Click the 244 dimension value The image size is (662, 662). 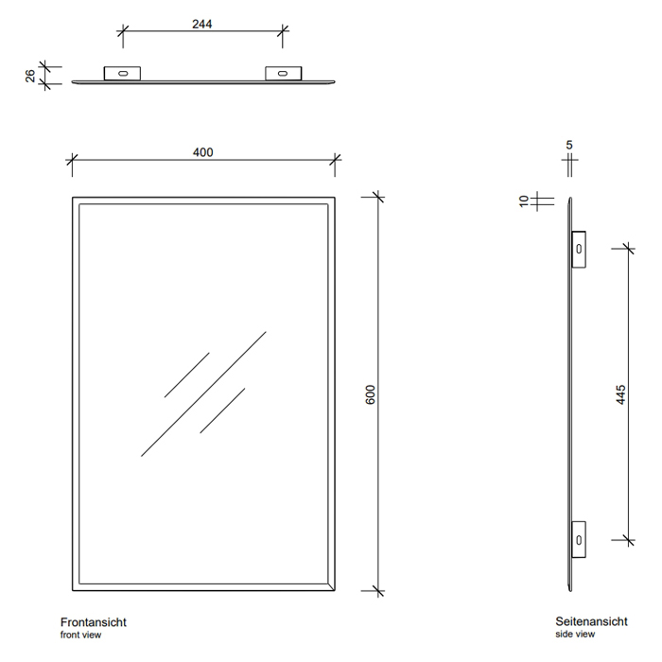pyautogui.click(x=201, y=24)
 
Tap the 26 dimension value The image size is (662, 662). pyautogui.click(x=30, y=76)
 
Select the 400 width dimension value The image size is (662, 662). pyautogui.click(x=202, y=152)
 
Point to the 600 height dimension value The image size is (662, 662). pyautogui.click(x=370, y=394)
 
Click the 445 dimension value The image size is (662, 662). pyautogui.click(x=620, y=394)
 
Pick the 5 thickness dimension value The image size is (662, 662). pyautogui.click(x=569, y=145)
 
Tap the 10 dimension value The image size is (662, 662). pyautogui.click(x=524, y=200)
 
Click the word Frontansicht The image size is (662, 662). pyautogui.click(x=94, y=622)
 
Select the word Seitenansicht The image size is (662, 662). pyautogui.click(x=591, y=621)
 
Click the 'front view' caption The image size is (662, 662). pyautogui.click(x=80, y=635)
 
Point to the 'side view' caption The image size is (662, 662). pyautogui.click(x=575, y=635)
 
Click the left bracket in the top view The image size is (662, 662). pyautogui.click(x=122, y=73)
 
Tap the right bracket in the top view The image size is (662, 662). pyautogui.click(x=284, y=73)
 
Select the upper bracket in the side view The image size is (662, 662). pyautogui.click(x=579, y=249)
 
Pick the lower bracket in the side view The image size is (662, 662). pyautogui.click(x=579, y=540)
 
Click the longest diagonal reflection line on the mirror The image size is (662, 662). pyautogui.click(x=203, y=394)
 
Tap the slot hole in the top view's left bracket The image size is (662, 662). pyautogui.click(x=123, y=74)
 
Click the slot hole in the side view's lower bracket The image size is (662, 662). pyautogui.click(x=579, y=540)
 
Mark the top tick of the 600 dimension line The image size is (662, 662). pyautogui.click(x=378, y=197)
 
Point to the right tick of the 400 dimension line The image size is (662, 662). pyautogui.click(x=335, y=160)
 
